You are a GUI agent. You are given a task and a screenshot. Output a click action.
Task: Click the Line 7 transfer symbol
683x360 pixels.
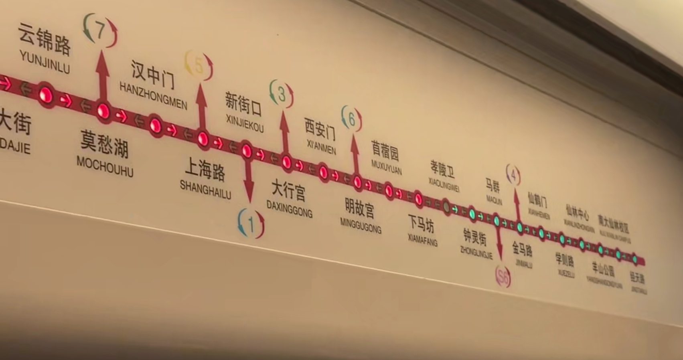100,30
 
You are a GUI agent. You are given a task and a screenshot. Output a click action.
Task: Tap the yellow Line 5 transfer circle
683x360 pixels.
199,65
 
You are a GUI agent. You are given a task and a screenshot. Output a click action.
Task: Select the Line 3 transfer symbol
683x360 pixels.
282,95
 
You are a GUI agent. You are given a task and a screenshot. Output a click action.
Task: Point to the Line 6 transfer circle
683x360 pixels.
352,119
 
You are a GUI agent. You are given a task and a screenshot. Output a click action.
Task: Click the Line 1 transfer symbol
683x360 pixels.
251,223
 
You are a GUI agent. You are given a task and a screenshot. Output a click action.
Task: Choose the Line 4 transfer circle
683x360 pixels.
513,175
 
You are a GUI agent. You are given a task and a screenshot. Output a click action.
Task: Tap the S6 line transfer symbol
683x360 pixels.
503,276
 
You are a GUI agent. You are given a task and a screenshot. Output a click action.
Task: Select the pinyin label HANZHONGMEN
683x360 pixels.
153,96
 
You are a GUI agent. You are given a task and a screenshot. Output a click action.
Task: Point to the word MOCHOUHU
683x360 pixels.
105,166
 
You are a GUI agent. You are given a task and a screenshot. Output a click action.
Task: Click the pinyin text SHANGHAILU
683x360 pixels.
205,189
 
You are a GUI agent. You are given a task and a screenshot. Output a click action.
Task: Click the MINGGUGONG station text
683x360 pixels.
361,225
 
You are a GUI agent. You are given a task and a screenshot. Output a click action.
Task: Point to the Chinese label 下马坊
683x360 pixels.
421,223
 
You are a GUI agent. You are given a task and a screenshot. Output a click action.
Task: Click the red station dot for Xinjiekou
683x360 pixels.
247,151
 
